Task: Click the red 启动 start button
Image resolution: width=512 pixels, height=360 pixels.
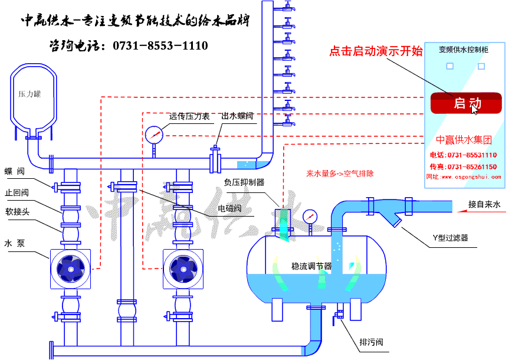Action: tap(466, 103)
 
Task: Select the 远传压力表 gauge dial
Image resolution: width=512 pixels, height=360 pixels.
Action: tap(153, 135)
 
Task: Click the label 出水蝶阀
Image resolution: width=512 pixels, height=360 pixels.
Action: tap(237, 116)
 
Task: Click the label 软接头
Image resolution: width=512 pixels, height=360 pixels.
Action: tap(17, 211)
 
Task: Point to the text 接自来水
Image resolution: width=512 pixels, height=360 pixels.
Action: tap(484, 205)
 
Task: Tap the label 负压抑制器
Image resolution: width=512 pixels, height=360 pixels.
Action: tap(244, 182)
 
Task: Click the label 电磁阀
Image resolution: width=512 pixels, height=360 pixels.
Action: tap(229, 208)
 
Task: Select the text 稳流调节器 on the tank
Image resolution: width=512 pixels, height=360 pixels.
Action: tap(312, 266)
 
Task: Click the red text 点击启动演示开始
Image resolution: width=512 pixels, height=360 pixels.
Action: tap(376, 51)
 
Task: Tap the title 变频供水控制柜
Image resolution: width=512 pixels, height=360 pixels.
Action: tap(464, 50)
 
